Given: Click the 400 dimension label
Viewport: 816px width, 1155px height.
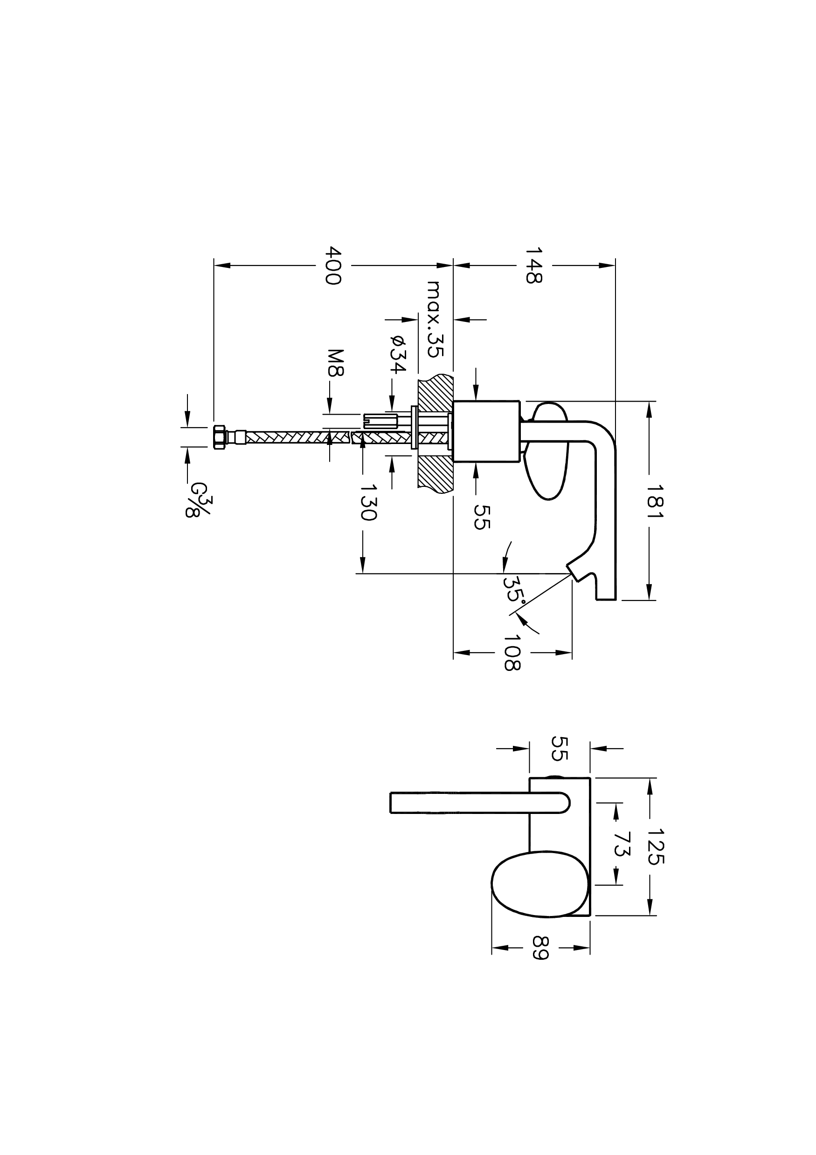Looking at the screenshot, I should coord(333,265).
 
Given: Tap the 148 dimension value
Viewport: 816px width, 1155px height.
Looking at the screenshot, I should coord(533,265).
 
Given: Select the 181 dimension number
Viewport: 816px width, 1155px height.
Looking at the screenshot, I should coord(655,501).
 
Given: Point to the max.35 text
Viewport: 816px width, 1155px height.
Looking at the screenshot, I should coord(434,319).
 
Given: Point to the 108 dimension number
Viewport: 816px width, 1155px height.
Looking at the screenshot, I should coord(512,652).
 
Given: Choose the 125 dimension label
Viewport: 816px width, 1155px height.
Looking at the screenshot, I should coord(655,847).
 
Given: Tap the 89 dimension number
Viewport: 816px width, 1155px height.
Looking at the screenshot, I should coord(540,947).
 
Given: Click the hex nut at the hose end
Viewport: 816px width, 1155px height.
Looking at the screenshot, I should coord(219,437).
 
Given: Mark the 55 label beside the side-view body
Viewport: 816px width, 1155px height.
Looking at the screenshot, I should coord(482,517).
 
